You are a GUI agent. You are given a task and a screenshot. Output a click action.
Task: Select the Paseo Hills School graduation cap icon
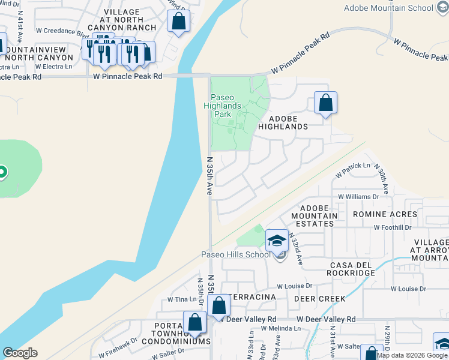coord(277,241)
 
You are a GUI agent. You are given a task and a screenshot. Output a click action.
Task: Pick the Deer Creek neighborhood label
coord(319,298)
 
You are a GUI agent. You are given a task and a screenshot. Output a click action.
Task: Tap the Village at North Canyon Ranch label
coord(122,20)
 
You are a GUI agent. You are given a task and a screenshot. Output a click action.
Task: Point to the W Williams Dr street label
coord(359,196)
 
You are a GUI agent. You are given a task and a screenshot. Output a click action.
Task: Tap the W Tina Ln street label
coord(178,299)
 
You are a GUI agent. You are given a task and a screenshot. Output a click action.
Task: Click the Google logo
coord(20,353)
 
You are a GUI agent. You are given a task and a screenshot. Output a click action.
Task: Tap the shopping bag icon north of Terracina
coord(219,305)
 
